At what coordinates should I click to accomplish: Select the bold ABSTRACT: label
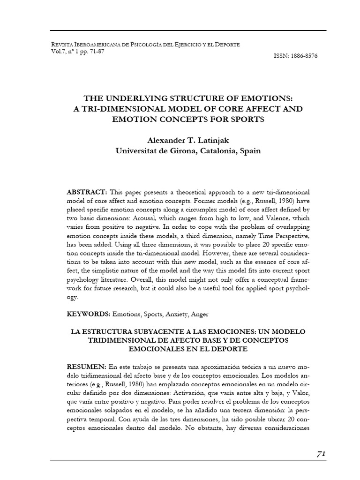click(x=88, y=193)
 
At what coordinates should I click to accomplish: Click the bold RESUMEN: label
click(x=87, y=366)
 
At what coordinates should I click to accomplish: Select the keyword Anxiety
click(x=173, y=314)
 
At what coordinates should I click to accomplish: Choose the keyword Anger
click(x=199, y=314)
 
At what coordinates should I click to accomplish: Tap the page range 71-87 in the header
click(x=94, y=51)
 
